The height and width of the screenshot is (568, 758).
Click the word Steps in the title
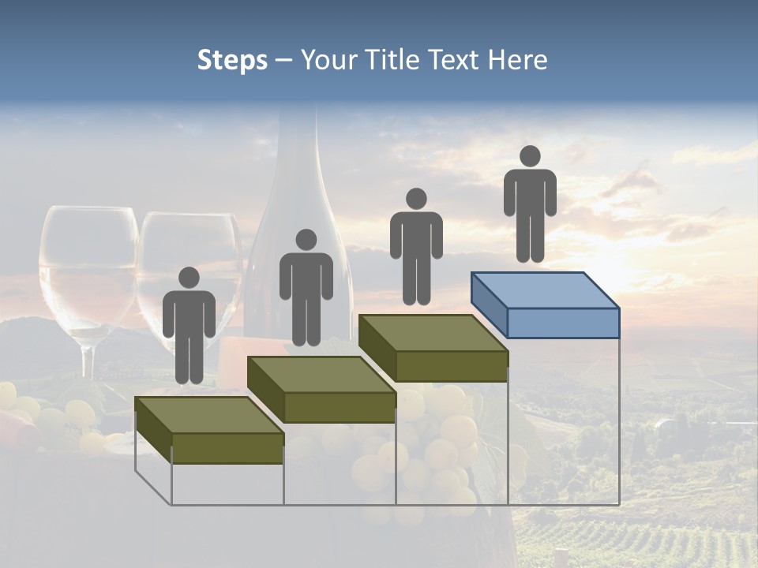coord(232,61)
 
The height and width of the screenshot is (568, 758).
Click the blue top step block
coord(545,300)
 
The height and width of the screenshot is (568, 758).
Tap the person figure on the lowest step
coord(189,327)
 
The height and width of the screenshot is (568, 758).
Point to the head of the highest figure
coord(530,156)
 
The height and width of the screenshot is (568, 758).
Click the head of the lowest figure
coord(189,278)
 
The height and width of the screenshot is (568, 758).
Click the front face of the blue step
coord(563,323)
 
